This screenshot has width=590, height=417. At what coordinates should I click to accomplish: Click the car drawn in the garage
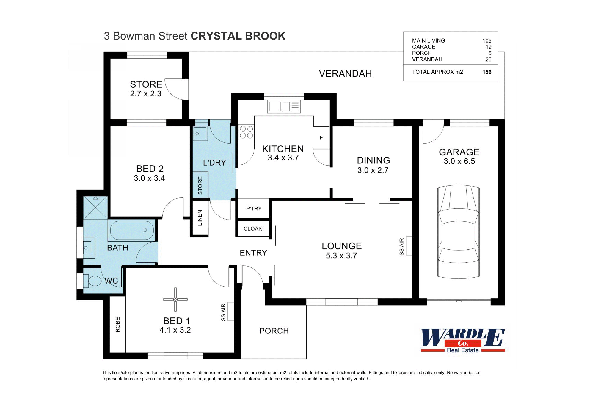[458, 232]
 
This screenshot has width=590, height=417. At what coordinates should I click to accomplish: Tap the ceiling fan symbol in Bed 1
[175, 300]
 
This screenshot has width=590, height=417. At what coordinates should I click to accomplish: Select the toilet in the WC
[94, 281]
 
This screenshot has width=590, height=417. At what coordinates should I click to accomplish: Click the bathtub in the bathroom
[132, 230]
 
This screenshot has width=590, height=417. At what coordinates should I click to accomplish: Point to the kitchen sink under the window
[284, 106]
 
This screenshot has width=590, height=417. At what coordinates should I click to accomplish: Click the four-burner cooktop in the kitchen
[247, 132]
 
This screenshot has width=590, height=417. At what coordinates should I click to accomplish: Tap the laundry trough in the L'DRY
[200, 133]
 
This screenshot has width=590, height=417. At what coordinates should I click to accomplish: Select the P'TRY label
[254, 209]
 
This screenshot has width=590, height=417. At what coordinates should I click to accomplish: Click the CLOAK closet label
[253, 229]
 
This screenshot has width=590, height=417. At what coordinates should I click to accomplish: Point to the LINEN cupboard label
[200, 218]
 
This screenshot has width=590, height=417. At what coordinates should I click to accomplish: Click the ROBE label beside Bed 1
[118, 325]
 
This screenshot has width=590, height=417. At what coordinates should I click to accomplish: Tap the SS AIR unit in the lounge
[409, 246]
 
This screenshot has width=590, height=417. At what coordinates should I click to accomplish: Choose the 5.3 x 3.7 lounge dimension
[341, 256]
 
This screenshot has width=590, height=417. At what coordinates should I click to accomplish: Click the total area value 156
[487, 72]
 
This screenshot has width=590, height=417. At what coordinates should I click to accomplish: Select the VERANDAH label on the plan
[345, 74]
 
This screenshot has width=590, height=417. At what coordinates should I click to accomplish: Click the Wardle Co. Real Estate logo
[463, 341]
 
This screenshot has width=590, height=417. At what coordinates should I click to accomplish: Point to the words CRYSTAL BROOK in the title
[238, 36]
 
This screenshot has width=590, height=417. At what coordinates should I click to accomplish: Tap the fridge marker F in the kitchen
[321, 138]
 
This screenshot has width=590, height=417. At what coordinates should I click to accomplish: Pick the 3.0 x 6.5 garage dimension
[459, 161]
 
